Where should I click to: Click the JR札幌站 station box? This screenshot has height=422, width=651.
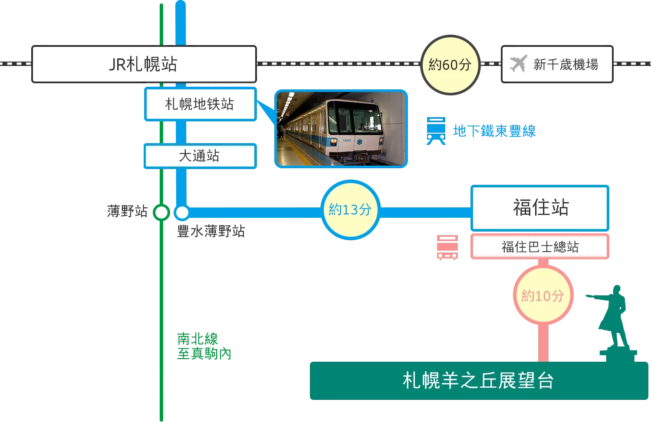coord(143,64)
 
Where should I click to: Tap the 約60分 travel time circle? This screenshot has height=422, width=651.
coord(450,65)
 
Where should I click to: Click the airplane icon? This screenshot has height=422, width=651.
coord(518,64)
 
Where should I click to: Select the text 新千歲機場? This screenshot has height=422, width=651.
coord(566,65)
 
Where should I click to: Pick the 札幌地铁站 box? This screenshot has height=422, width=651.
coord(200,104)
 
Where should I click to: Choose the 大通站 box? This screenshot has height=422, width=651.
coord(200,156)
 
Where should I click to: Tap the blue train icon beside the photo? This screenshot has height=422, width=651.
coord(436,130)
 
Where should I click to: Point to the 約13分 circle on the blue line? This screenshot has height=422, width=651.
coord(350,210)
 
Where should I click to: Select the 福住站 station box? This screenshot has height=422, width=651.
coord(540,207)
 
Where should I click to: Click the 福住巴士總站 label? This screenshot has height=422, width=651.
coord(540,247)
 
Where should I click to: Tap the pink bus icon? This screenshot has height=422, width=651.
coord(446,246)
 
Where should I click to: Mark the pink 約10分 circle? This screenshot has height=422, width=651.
coord(542,296)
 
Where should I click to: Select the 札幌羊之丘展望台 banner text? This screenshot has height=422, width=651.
coord(478,381)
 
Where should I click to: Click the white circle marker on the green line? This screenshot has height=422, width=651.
coord(161,213)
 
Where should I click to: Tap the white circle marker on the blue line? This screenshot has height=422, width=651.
coord(182,213)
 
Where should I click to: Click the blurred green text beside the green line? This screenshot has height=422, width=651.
coord(204,346)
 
